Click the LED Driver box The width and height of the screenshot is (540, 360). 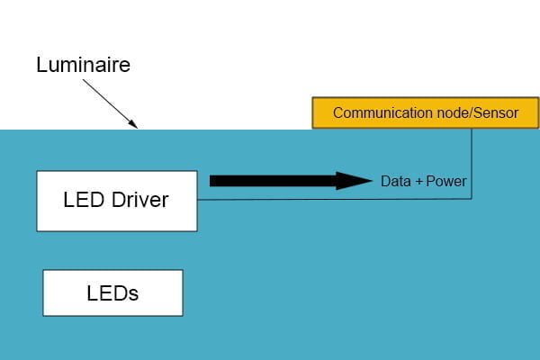pyautogui.click(x=116, y=200)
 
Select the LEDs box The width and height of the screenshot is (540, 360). pyautogui.click(x=112, y=293)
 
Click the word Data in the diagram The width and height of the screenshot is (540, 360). pyautogui.click(x=395, y=182)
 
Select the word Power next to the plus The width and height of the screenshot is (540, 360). pyautogui.click(x=446, y=182)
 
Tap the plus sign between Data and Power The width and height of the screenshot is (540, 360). pyautogui.click(x=418, y=182)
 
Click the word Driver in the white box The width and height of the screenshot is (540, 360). pyautogui.click(x=141, y=200)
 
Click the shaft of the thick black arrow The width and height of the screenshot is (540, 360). pyautogui.click(x=270, y=181)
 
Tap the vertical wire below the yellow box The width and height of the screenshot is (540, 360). pyautogui.click(x=472, y=162)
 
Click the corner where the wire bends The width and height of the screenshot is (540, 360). pyautogui.click(x=472, y=198)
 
